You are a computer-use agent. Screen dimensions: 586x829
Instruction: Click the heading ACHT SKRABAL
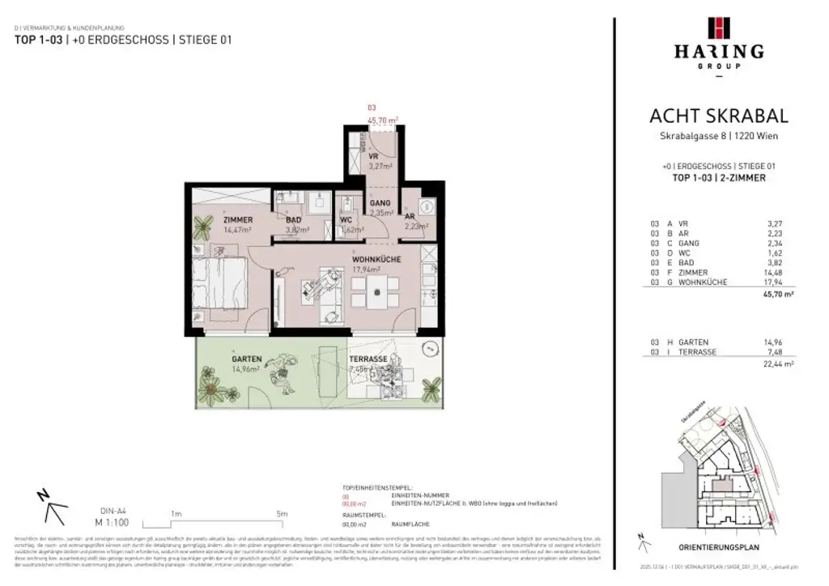pyautogui.click(x=718, y=117)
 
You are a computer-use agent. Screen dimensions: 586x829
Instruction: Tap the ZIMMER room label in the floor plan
pyautogui.click(x=238, y=220)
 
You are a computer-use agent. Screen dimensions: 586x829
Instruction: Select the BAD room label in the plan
pyautogui.click(x=293, y=219)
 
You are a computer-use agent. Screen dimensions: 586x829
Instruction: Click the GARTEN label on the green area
pyautogui.click(x=245, y=359)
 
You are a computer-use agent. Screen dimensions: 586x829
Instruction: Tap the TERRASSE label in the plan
pyautogui.click(x=368, y=359)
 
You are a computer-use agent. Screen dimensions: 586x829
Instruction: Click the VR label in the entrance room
pyautogui.click(x=373, y=157)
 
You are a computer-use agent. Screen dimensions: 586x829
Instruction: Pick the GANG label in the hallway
pyautogui.click(x=380, y=203)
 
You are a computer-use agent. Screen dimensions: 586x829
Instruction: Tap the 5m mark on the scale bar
pyautogui.click(x=281, y=513)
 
